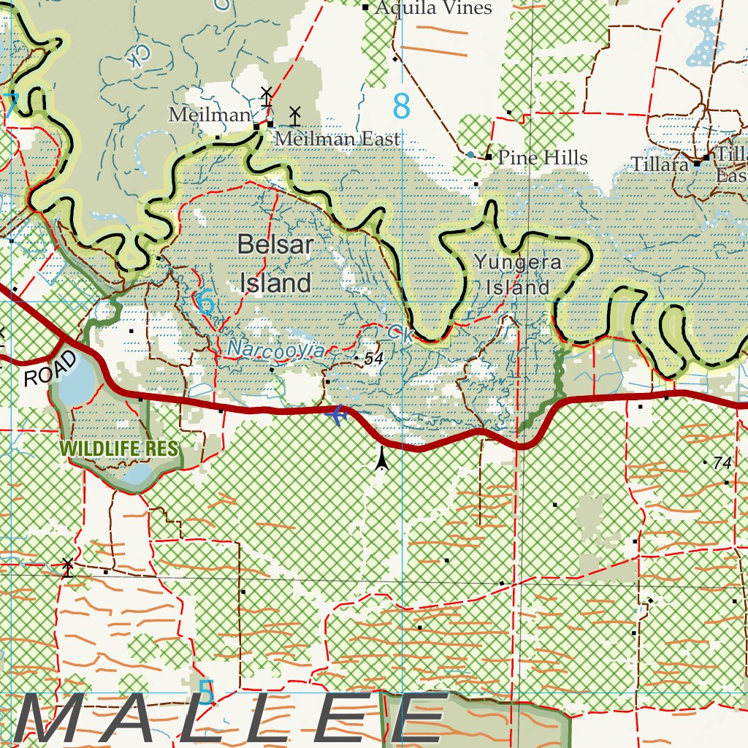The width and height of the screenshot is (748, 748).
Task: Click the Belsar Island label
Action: coord(275,264)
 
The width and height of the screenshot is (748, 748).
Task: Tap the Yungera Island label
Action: coord(517,274)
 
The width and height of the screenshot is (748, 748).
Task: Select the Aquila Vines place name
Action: coord(433,8)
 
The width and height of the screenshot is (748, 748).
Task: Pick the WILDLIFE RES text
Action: coord(120,447)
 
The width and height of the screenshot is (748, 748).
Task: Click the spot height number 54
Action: coord(373,358)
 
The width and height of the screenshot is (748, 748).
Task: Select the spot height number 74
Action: coord(722,462)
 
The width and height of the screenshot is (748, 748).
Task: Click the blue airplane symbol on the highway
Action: coord(337,415)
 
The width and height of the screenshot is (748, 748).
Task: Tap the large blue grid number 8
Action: coord(401,107)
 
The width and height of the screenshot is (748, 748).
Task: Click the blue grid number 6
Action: coord(207,302)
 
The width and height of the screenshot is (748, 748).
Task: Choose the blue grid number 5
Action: coord(207,691)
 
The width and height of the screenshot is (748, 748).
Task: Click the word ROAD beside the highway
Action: coord(50,368)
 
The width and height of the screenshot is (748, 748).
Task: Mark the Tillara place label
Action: coord(660,164)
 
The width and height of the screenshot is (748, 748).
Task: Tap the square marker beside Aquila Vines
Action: coord(366,7)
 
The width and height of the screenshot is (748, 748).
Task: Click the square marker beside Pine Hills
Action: coord(488,157)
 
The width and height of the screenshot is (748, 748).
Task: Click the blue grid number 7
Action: coord(10,106)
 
